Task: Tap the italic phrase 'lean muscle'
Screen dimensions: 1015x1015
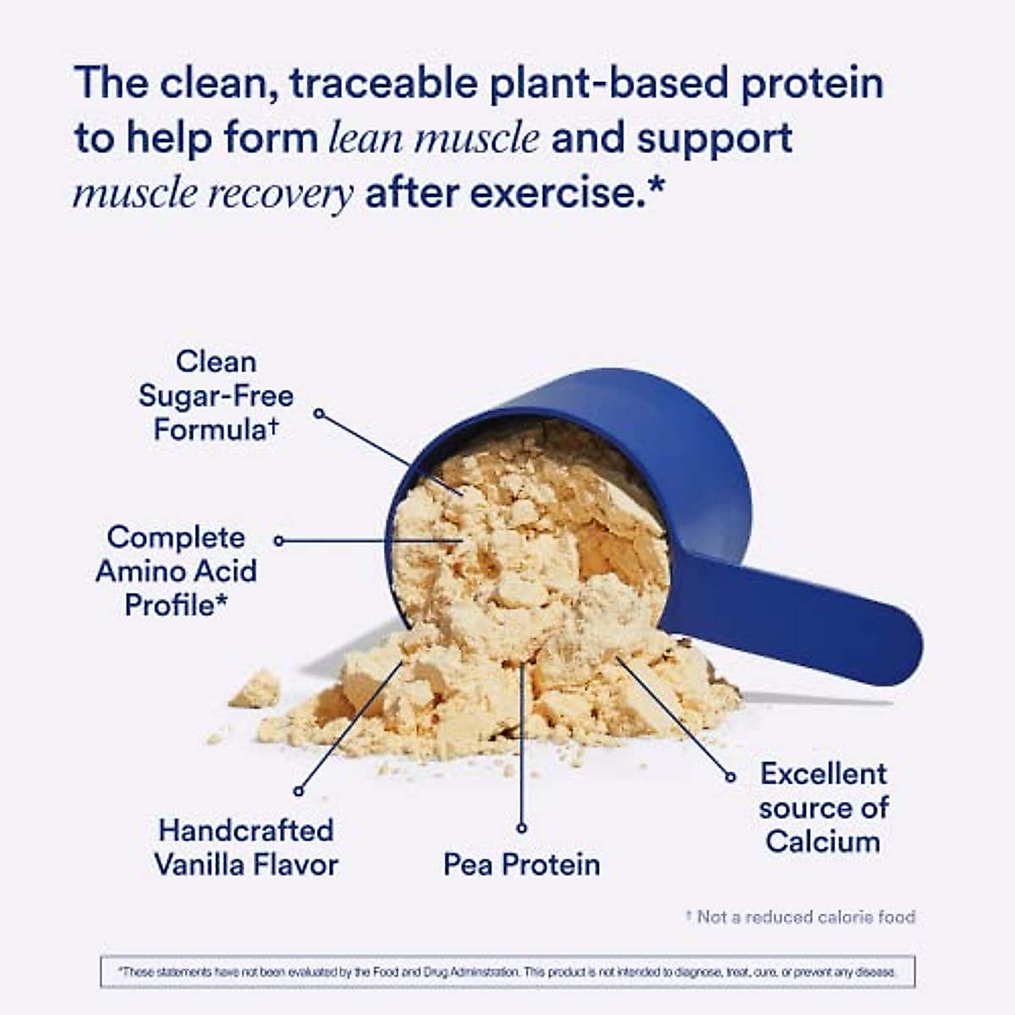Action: tap(434, 139)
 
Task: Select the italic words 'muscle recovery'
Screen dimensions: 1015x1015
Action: tap(212, 195)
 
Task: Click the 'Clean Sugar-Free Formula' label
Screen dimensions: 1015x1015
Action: tap(216, 396)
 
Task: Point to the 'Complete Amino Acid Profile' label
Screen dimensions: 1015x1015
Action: tap(176, 571)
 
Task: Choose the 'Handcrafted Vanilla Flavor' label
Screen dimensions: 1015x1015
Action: tap(246, 848)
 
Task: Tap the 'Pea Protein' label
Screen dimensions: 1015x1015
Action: tap(522, 864)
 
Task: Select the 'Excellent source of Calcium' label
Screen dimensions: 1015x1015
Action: tap(823, 808)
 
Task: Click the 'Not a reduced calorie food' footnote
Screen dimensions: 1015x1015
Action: tap(800, 917)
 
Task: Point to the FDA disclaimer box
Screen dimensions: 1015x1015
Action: tap(507, 972)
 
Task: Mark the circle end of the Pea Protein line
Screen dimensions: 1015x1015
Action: tap(522, 828)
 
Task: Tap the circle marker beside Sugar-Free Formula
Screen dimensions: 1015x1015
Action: tap(319, 414)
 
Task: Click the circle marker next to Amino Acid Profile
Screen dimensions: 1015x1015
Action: tap(279, 540)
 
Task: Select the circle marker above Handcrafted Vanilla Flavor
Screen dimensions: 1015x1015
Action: tap(298, 792)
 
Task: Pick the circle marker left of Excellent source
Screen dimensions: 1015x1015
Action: tap(731, 776)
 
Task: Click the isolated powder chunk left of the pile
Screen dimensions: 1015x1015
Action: tap(255, 689)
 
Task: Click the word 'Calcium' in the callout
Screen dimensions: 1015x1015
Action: tap(823, 842)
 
